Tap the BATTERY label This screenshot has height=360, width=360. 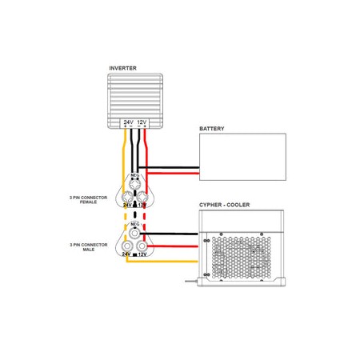click(x=211, y=128)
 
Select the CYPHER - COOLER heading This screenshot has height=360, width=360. click(x=224, y=205)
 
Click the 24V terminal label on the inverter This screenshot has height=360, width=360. click(x=127, y=123)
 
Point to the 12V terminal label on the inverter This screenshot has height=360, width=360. click(x=142, y=123)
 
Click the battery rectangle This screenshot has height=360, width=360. click(x=242, y=156)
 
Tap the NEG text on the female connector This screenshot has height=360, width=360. click(x=134, y=174)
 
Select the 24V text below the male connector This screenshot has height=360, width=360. click(x=126, y=254)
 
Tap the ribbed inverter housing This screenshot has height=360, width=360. click(x=135, y=96)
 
